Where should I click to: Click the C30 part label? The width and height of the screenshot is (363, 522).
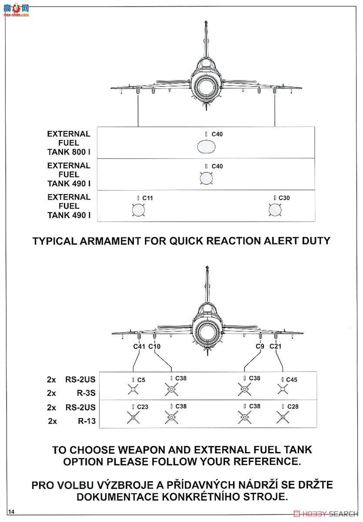(x=284, y=198)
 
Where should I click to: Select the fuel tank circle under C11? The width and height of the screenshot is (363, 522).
(x=138, y=210)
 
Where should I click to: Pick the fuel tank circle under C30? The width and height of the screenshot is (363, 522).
(x=274, y=210)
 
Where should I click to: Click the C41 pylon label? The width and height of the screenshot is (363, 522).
(x=139, y=346)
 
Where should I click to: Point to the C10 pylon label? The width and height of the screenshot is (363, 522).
(x=154, y=346)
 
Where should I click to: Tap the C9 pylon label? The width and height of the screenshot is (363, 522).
(x=260, y=346)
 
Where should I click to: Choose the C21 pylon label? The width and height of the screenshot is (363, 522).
(x=276, y=346)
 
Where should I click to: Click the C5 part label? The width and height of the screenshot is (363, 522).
(x=141, y=380)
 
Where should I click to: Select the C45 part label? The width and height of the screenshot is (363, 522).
(x=291, y=380)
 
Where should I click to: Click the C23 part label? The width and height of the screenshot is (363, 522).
(x=142, y=407)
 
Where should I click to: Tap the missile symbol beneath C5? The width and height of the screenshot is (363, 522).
(x=133, y=390)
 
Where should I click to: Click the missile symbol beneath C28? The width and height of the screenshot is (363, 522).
(x=283, y=418)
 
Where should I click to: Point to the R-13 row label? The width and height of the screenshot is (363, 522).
(x=86, y=421)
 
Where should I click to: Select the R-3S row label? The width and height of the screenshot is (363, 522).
(x=86, y=393)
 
